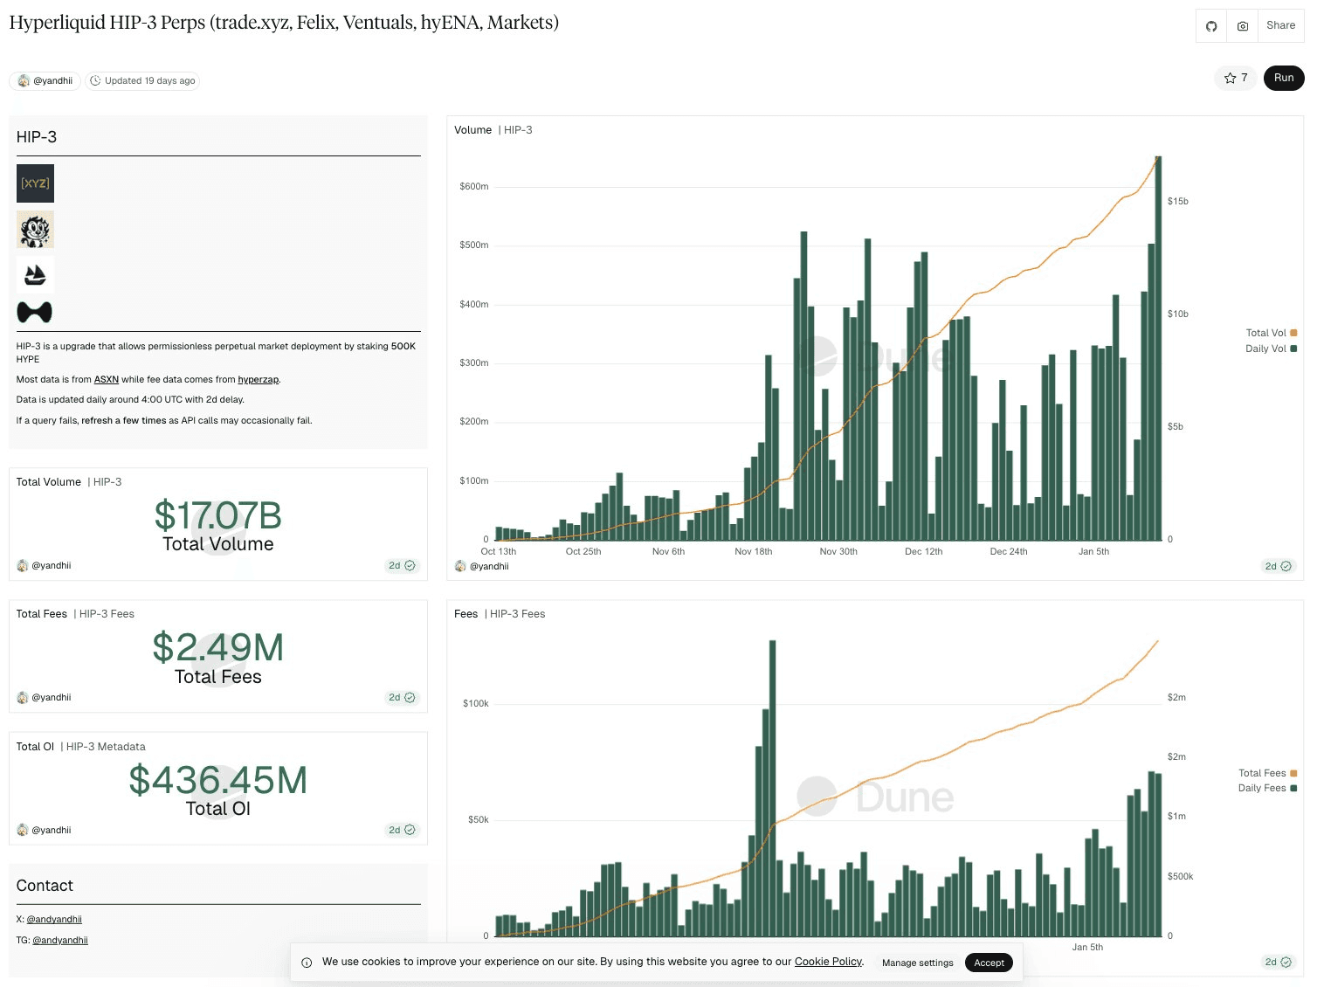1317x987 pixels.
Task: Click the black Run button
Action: (x=1283, y=78)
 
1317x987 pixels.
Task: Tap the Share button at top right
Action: (x=1280, y=25)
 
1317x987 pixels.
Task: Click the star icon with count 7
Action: (x=1235, y=78)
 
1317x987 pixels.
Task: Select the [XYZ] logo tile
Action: (x=35, y=183)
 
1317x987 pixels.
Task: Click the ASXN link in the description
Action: (x=106, y=380)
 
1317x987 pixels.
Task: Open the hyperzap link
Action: (x=258, y=380)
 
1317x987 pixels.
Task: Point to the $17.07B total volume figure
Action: (x=217, y=515)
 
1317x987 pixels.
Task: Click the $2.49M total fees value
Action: (x=217, y=648)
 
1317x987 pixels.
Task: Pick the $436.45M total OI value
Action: (x=217, y=780)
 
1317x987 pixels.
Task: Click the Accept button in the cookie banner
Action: (x=989, y=963)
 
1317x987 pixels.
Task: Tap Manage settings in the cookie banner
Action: (x=917, y=963)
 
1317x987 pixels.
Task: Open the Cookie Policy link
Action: (x=828, y=962)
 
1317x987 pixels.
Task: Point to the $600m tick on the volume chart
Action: (x=474, y=186)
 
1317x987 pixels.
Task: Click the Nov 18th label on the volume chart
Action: (x=753, y=552)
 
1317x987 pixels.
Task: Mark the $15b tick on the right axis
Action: (x=1177, y=201)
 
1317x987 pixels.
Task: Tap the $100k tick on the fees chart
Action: (x=476, y=703)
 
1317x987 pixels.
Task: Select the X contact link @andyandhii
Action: (x=54, y=920)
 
